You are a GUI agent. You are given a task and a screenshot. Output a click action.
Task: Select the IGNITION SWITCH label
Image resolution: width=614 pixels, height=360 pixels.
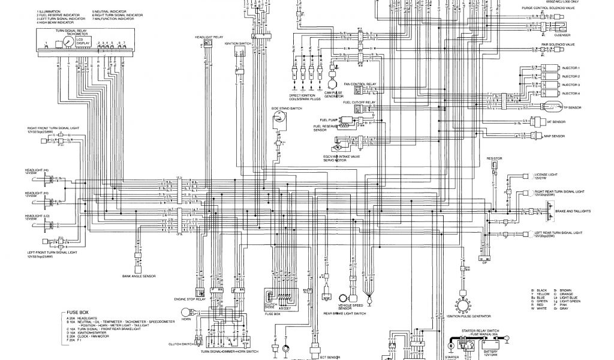coord(237,44)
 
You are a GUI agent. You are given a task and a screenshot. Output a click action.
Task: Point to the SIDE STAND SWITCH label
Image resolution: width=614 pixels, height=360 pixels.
coord(282,108)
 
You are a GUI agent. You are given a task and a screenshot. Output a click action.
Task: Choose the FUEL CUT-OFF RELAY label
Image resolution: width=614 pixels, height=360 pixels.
coord(359,103)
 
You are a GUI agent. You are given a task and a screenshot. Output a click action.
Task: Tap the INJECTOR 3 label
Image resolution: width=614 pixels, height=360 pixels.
coord(570,85)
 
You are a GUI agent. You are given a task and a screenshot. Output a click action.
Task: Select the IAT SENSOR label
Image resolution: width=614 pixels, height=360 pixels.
coord(573,122)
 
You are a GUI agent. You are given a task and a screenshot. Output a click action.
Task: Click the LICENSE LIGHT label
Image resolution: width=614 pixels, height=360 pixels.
coord(546,178)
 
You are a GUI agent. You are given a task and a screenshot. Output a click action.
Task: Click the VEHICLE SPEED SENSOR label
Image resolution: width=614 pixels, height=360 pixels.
coord(351,307)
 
